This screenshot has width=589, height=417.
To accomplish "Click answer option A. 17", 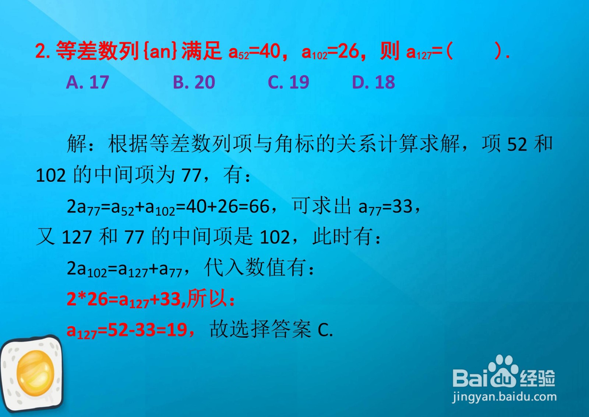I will tap(88, 82).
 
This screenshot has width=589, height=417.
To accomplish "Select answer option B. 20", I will tap(194, 82).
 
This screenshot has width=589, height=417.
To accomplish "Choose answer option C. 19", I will tap(288, 82).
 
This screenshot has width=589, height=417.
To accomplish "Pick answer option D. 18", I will tap(373, 82).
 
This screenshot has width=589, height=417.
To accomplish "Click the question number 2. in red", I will tap(43, 51).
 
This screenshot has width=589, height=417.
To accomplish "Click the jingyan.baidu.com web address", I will tap(504, 397).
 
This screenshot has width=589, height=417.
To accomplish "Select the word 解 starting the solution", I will tap(77, 143).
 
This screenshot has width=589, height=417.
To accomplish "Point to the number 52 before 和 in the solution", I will tap(517, 144).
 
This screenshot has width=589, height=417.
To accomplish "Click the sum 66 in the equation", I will tap(259, 206).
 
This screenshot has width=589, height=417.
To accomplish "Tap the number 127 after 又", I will tap(77, 237).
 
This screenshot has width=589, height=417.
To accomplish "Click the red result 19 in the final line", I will tap(177, 330).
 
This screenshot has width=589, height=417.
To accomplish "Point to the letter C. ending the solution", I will tap(325, 330).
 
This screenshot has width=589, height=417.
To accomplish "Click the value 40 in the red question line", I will tap(270, 51).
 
